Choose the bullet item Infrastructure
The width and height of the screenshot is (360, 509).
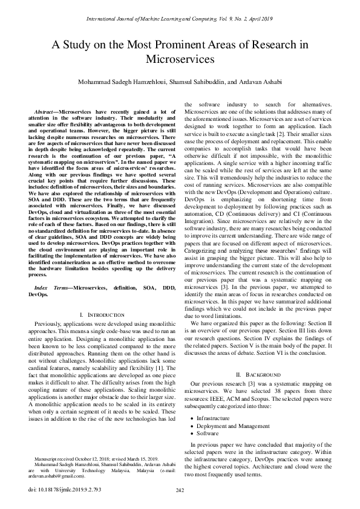[213, 418]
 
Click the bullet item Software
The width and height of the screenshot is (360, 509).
[207, 433]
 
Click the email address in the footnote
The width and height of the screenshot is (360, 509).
[51, 476]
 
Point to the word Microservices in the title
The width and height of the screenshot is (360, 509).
[180, 60]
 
